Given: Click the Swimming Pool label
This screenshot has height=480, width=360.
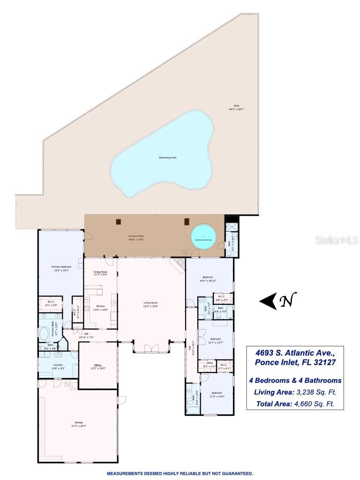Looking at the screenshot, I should (x=167, y=158).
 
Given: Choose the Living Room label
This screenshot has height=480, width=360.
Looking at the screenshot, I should (x=150, y=303).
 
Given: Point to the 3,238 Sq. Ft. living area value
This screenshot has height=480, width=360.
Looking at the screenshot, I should (x=313, y=392).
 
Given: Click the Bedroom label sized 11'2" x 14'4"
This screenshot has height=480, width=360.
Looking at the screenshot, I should (x=217, y=393).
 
